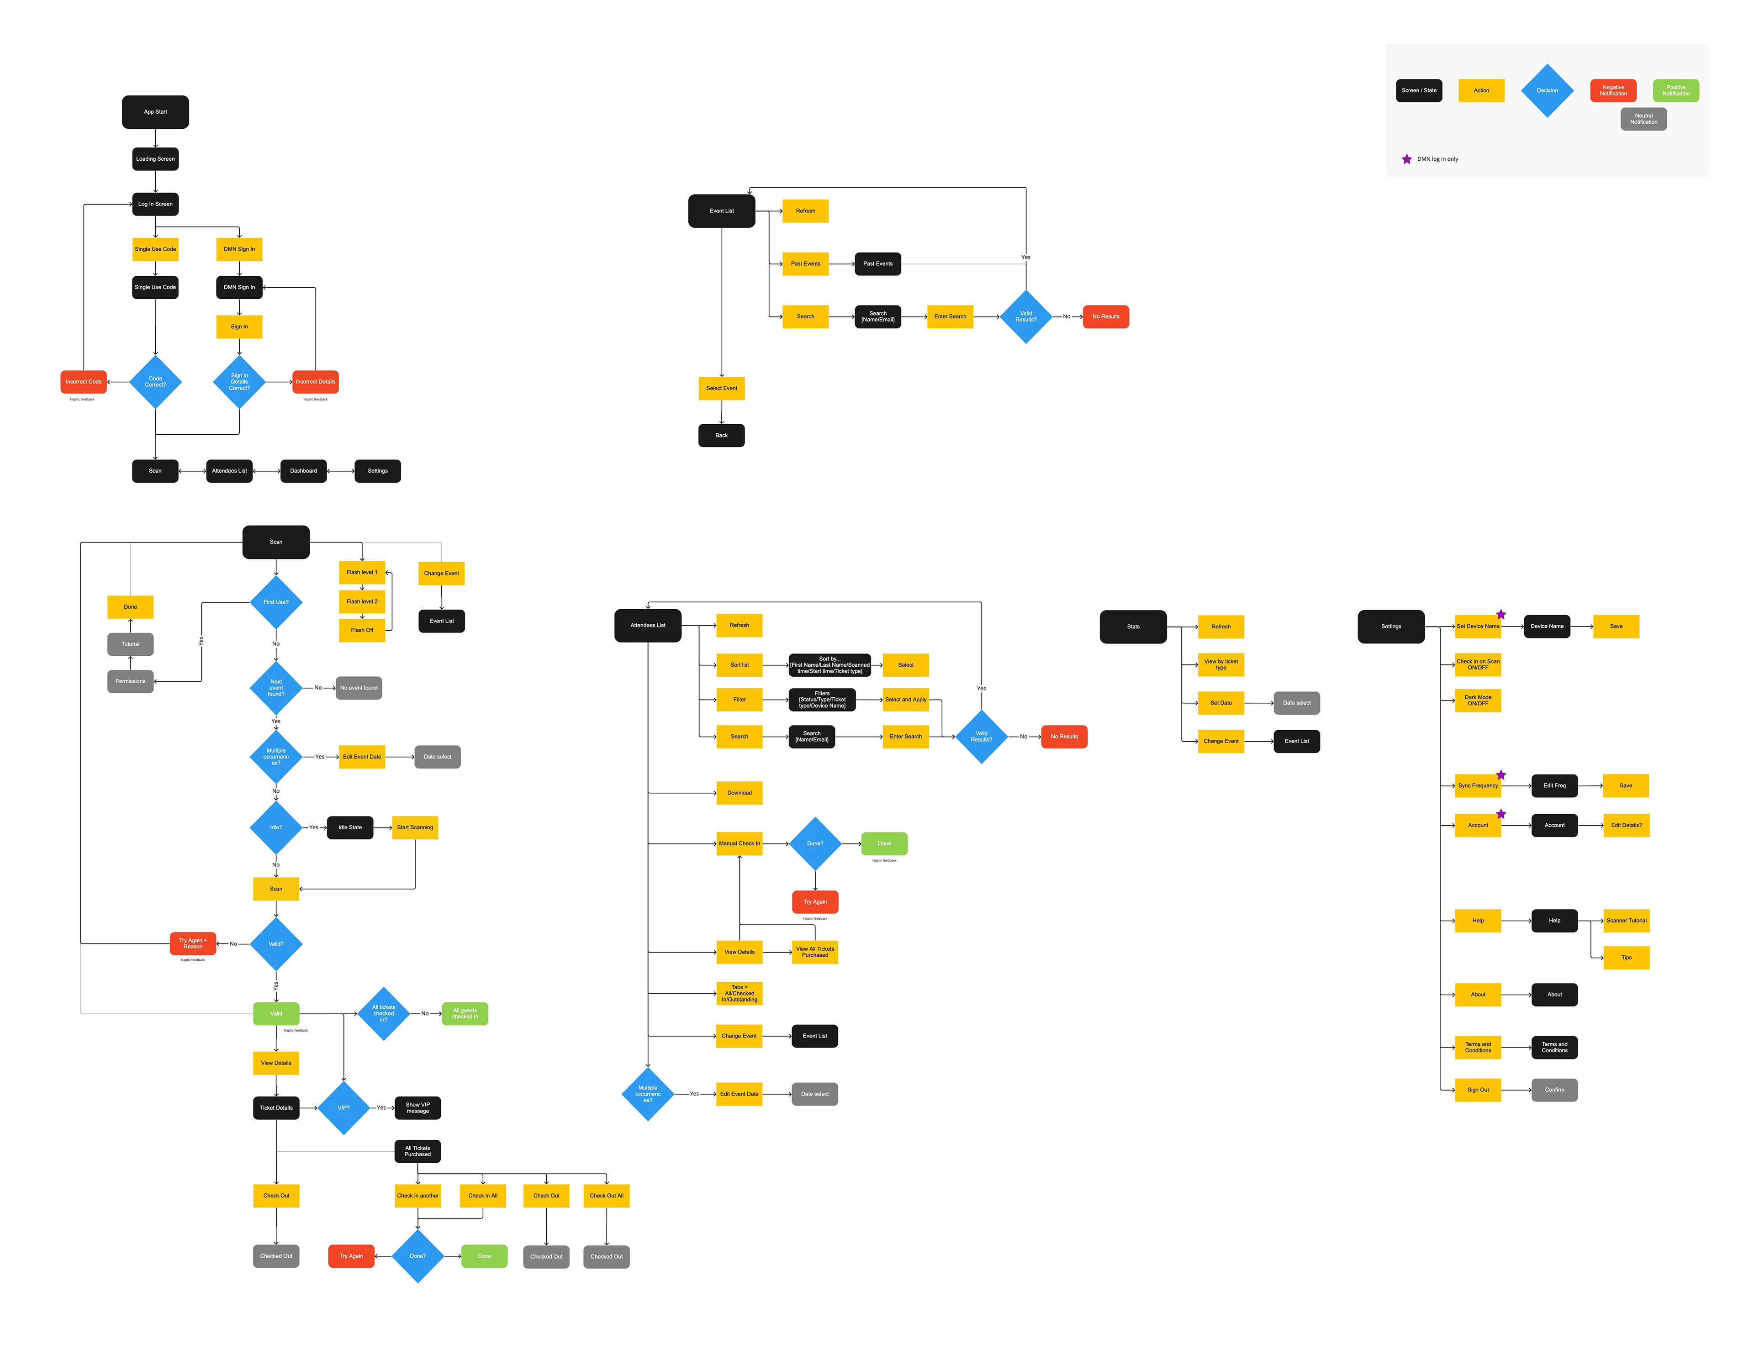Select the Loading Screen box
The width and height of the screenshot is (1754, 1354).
(155, 159)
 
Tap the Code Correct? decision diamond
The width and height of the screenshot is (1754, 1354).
(155, 381)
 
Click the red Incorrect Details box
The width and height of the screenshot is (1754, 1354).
(315, 381)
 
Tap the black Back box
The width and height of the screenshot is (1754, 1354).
(721, 435)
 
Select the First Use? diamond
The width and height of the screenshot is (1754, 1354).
(275, 601)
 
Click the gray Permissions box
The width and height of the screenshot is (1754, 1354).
(130, 681)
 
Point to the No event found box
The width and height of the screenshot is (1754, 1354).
(358, 687)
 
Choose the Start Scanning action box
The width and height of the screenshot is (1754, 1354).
(414, 827)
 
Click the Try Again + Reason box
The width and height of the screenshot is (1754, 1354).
(193, 943)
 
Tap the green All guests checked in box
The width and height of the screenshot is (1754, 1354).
(464, 1013)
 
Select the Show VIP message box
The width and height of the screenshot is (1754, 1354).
(417, 1107)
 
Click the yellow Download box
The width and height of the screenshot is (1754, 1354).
(739, 793)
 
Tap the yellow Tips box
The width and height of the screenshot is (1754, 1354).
(1626, 957)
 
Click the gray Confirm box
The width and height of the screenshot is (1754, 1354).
(1554, 1090)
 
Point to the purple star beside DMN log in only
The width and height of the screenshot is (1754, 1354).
(1406, 159)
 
